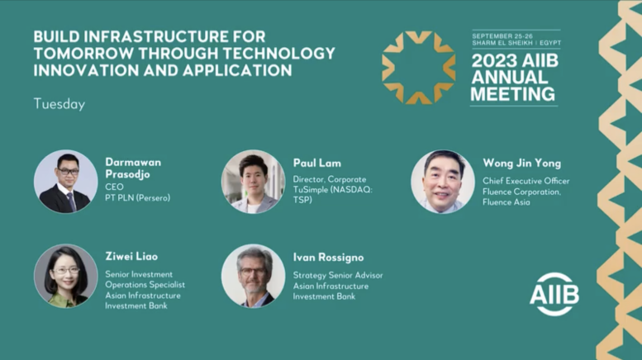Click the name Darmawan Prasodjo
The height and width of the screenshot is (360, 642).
coord(133,168)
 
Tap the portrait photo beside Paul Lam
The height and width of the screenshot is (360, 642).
coord(253,181)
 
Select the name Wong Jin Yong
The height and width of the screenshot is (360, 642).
coord(521,163)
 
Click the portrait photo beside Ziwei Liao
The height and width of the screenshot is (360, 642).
coord(65,276)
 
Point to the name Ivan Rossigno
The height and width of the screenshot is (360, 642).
coord(328,258)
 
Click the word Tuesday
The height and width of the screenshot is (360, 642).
coord(59,104)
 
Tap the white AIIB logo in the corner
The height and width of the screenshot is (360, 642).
coord(554,294)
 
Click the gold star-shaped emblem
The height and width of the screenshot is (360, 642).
coord(418,68)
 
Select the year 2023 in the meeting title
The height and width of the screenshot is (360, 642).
coord(494,61)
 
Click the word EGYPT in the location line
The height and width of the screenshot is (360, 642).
coord(550,43)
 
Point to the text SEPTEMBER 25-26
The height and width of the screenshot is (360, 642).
coord(502,36)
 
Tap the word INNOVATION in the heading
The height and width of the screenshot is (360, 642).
coord(86,70)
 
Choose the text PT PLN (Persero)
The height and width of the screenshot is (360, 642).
coord(137,198)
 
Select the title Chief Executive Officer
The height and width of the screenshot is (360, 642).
coord(525,181)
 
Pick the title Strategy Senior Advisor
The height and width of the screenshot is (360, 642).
coord(338,275)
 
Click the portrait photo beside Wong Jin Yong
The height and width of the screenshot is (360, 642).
coord(443,181)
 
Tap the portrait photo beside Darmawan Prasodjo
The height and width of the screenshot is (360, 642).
coord(65,181)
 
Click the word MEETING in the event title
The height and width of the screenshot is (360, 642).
coord(512,94)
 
